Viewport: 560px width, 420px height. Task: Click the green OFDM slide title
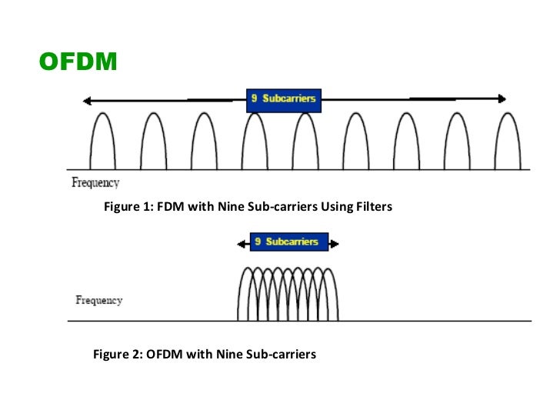click(78, 60)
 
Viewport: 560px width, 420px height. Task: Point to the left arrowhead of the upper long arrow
click(88, 100)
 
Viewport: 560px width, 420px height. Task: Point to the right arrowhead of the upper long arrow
click(502, 98)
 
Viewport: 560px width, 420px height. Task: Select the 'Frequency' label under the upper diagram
click(95, 183)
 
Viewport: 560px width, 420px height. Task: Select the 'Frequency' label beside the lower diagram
click(99, 300)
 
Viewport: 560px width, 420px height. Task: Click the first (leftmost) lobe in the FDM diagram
click(103, 142)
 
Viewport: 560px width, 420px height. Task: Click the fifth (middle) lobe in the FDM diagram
click(305, 142)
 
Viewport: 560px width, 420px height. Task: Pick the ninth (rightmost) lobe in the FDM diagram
click(508, 142)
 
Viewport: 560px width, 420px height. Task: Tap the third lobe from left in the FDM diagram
click(204, 142)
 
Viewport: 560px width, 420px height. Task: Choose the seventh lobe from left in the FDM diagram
click(407, 142)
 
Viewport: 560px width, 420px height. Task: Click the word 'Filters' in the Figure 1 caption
click(372, 207)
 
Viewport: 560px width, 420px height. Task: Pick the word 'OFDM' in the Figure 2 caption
click(164, 355)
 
